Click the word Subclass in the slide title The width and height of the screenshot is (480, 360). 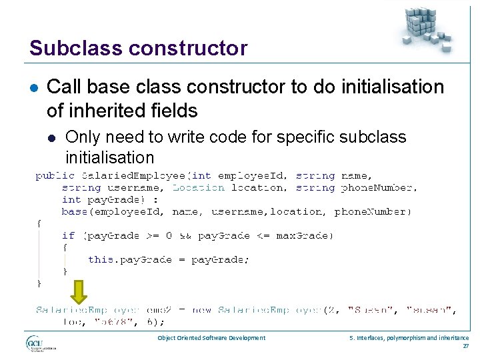click(x=67, y=49)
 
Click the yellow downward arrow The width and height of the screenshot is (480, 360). click(x=79, y=292)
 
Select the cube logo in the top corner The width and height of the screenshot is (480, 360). click(x=425, y=29)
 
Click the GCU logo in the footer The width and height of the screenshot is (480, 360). click(x=40, y=344)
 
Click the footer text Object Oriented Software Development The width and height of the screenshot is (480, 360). click(x=211, y=338)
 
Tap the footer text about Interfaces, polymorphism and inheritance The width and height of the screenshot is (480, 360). click(x=409, y=338)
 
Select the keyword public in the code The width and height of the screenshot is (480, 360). click(x=55, y=176)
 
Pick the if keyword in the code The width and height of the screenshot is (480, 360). click(x=68, y=235)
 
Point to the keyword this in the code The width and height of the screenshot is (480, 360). click(x=101, y=259)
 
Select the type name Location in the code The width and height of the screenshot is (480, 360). click(x=199, y=188)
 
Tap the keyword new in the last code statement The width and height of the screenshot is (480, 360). click(x=202, y=310)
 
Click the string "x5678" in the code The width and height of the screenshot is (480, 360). click(x=113, y=321)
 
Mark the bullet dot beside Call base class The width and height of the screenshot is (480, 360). click(x=33, y=87)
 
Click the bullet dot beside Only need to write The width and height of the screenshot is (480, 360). click(x=51, y=138)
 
